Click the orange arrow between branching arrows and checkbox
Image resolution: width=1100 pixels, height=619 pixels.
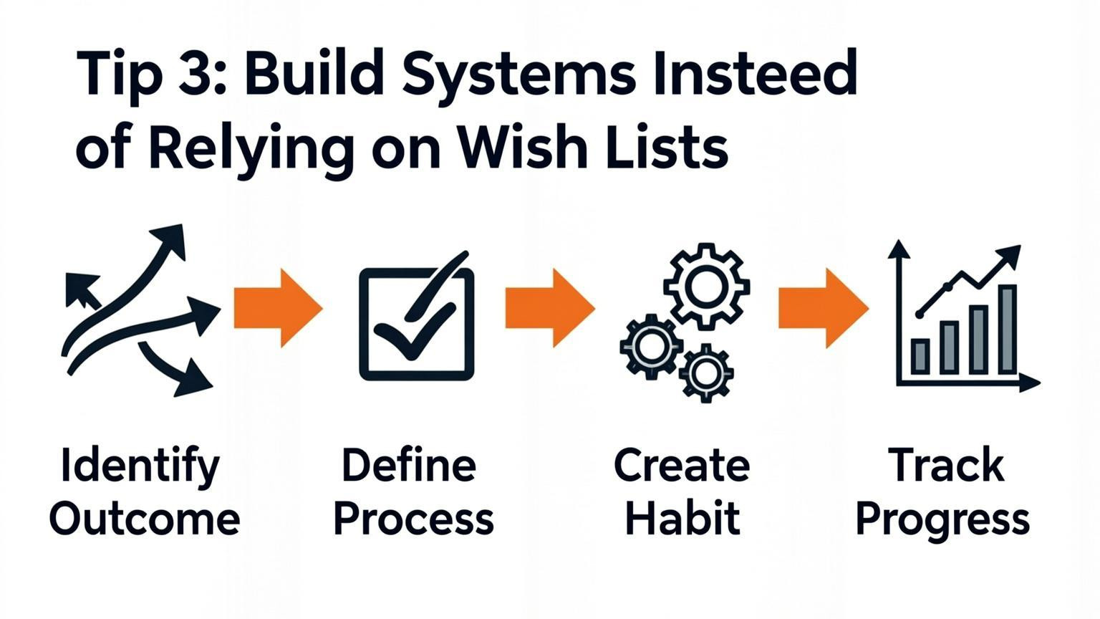[x=278, y=308]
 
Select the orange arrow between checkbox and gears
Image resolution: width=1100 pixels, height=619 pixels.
[x=550, y=308]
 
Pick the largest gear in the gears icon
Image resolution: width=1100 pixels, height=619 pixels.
[x=706, y=286]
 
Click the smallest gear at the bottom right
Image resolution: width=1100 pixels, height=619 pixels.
[x=706, y=372]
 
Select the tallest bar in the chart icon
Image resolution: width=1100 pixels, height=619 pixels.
[x=1007, y=329]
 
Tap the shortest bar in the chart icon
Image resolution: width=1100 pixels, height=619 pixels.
[x=920, y=356]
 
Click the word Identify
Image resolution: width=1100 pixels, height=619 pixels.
[x=140, y=466]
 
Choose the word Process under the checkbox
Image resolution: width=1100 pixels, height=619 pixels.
[x=414, y=519]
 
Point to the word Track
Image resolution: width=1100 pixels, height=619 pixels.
[x=946, y=466]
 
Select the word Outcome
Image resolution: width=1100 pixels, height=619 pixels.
[x=145, y=519]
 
